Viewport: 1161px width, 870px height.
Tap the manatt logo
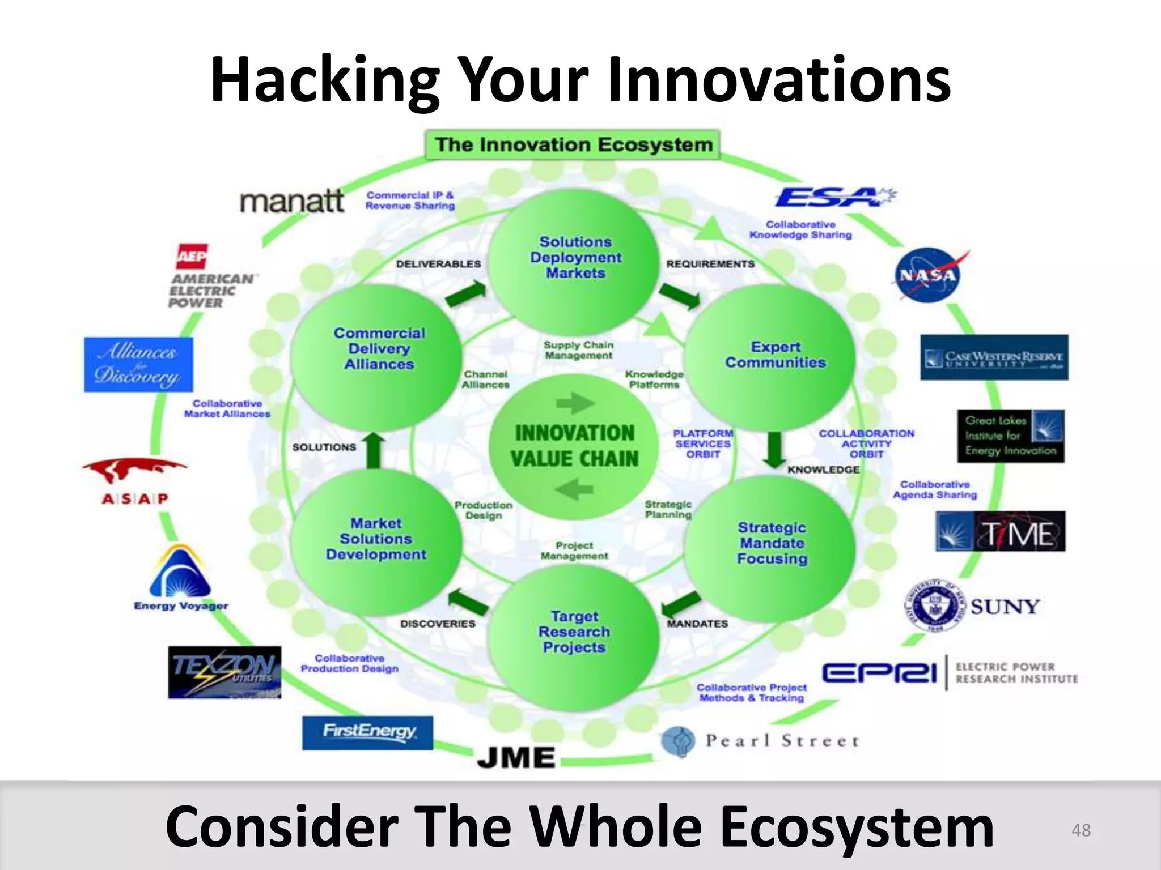[x=291, y=202]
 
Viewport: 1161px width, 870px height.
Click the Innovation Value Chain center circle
[x=574, y=445]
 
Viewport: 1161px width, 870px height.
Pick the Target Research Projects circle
[x=574, y=631]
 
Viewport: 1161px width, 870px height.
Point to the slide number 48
[x=1081, y=830]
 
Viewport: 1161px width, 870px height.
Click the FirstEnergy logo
[x=367, y=732]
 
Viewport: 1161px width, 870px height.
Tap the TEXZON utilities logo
[x=224, y=672]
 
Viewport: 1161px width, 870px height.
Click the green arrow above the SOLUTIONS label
[x=373, y=451]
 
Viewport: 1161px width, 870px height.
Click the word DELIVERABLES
[x=438, y=264]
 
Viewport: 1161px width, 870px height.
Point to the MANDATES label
[x=697, y=624]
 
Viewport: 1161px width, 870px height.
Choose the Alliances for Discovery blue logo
[x=138, y=364]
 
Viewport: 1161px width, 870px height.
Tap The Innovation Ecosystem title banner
[x=573, y=145]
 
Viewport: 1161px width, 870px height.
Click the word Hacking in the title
[x=324, y=80]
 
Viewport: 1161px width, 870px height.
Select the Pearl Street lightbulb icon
[x=678, y=741]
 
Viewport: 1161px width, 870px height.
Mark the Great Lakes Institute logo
[x=1010, y=436]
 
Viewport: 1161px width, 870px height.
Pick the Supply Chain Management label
[x=578, y=350]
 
